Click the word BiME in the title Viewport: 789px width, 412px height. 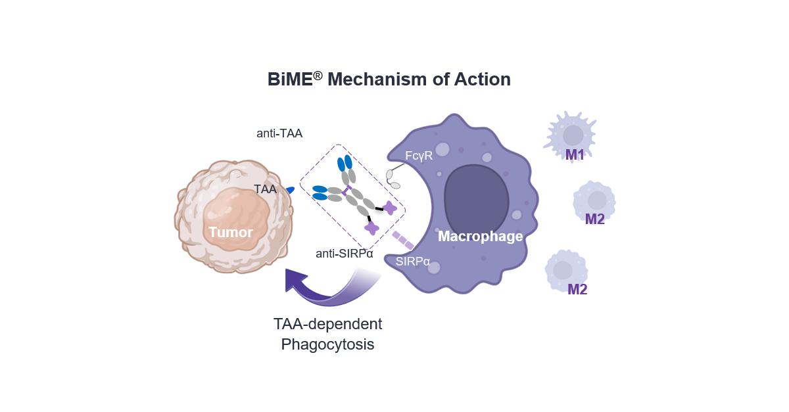point(289,80)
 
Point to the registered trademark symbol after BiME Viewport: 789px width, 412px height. point(318,74)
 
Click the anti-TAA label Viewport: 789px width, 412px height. point(279,133)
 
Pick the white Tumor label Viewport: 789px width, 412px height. point(231,232)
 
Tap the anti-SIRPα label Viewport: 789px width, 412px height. point(345,254)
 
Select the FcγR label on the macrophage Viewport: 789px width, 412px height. point(419,155)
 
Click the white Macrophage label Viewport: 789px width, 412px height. point(481,236)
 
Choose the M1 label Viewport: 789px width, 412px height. point(575,155)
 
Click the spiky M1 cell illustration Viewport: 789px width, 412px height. point(571,133)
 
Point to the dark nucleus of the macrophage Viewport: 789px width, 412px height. point(477,196)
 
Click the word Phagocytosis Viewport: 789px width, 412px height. point(327,344)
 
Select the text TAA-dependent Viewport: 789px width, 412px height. point(327,324)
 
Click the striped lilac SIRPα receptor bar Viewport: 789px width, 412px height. point(402,240)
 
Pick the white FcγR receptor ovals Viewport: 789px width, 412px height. point(392,179)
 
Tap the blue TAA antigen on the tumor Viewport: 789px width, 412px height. point(291,190)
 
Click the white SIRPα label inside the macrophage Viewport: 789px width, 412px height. point(413,261)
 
